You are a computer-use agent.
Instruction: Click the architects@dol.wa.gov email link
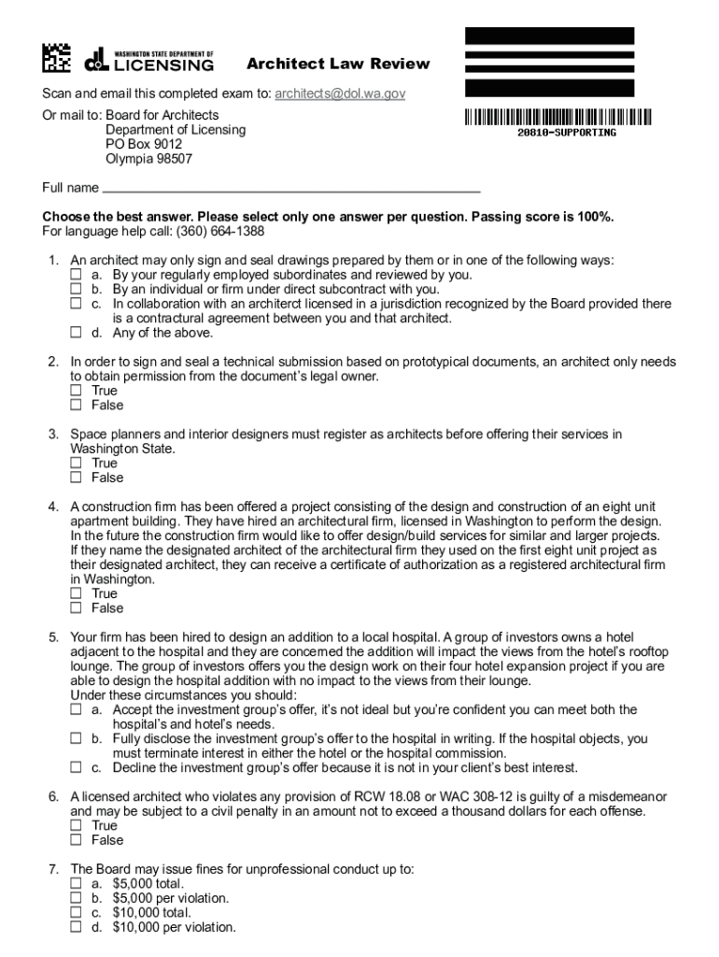coord(340,94)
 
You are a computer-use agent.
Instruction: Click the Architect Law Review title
coord(338,64)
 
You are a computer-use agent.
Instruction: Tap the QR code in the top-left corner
coord(56,59)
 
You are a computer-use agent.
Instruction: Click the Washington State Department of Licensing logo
coord(149,61)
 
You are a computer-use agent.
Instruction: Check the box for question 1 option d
coord(77,333)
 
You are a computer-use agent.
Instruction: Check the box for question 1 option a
coord(77,276)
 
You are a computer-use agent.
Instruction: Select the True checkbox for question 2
coord(77,391)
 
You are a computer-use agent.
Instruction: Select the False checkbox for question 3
coord(77,478)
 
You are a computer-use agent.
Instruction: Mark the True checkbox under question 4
coord(77,593)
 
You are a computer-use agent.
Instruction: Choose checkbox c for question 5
coord(77,768)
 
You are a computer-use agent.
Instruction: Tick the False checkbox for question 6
coord(77,840)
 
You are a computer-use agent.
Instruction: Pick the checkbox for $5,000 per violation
coord(77,898)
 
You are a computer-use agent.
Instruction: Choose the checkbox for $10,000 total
coord(77,913)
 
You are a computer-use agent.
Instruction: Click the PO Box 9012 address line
coord(144,144)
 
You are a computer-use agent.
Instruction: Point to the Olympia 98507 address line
coord(148,159)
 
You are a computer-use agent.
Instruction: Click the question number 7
coord(54,869)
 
